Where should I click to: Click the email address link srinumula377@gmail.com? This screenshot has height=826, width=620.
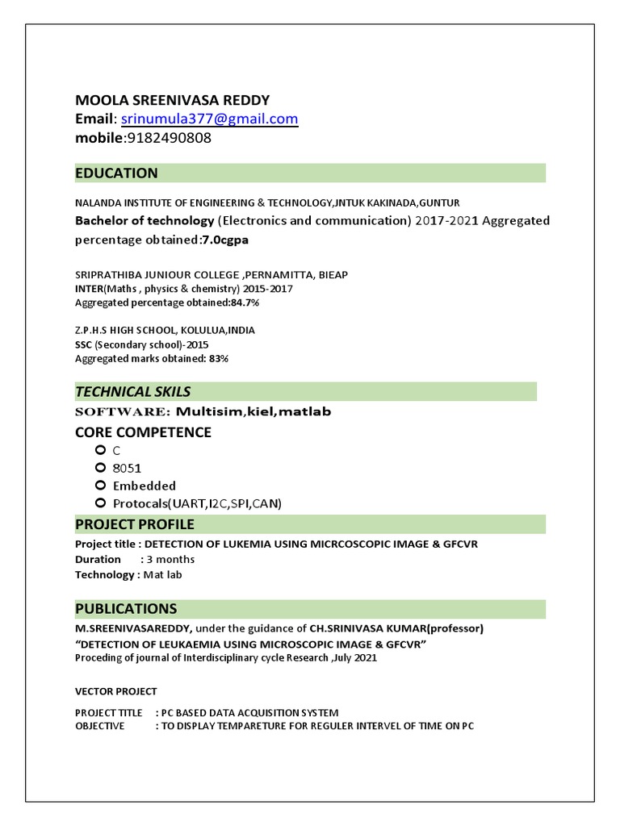click(210, 119)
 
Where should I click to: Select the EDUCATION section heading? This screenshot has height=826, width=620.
click(116, 173)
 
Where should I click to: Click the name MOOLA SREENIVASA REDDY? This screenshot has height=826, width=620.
click(172, 100)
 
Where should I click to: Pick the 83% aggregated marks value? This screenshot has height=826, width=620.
click(218, 358)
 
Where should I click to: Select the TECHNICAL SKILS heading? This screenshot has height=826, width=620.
click(132, 392)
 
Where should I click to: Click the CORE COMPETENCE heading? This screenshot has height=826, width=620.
click(143, 432)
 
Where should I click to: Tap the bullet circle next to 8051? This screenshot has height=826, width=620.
click(100, 468)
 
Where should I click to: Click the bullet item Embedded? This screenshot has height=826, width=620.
click(144, 486)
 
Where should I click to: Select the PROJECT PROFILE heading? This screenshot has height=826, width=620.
click(134, 525)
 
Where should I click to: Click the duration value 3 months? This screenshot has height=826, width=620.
click(170, 559)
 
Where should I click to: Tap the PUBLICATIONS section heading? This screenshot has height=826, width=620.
click(125, 608)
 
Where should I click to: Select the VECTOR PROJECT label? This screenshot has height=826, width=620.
click(115, 691)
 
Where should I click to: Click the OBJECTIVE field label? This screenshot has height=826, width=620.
click(99, 725)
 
